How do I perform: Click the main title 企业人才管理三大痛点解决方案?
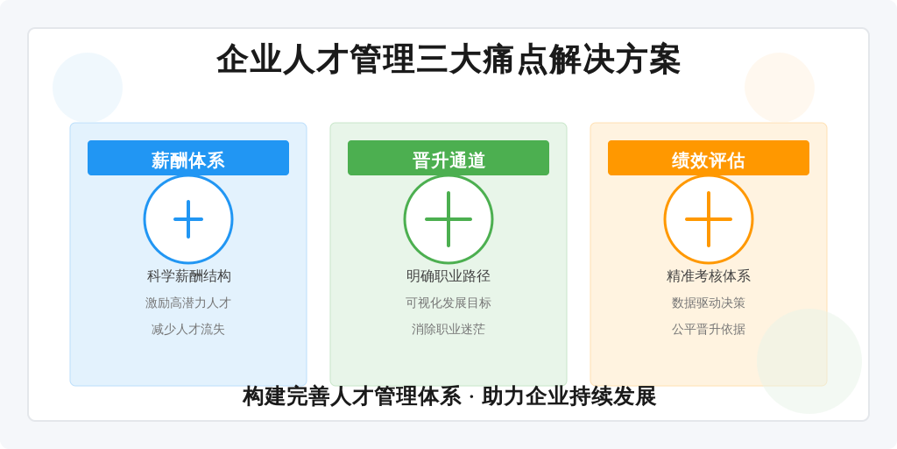point(448,60)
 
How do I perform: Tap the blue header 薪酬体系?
point(188,160)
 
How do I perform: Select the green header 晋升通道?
point(448,160)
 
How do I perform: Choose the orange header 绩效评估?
point(709,160)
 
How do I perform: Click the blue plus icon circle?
point(188,219)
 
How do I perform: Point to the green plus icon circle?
point(448,219)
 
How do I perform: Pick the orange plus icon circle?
point(709,219)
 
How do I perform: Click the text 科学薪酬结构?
point(188,276)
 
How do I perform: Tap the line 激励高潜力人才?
point(188,303)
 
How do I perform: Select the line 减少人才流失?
point(188,329)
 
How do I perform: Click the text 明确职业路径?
point(448,276)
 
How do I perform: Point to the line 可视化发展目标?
point(448,303)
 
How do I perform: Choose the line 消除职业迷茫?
point(448,329)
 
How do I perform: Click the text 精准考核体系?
point(709,276)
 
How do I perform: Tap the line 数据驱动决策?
point(709,303)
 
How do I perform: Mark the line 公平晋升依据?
point(709,329)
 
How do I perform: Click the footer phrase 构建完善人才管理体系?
point(351,396)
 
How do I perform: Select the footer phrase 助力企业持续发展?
point(569,396)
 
